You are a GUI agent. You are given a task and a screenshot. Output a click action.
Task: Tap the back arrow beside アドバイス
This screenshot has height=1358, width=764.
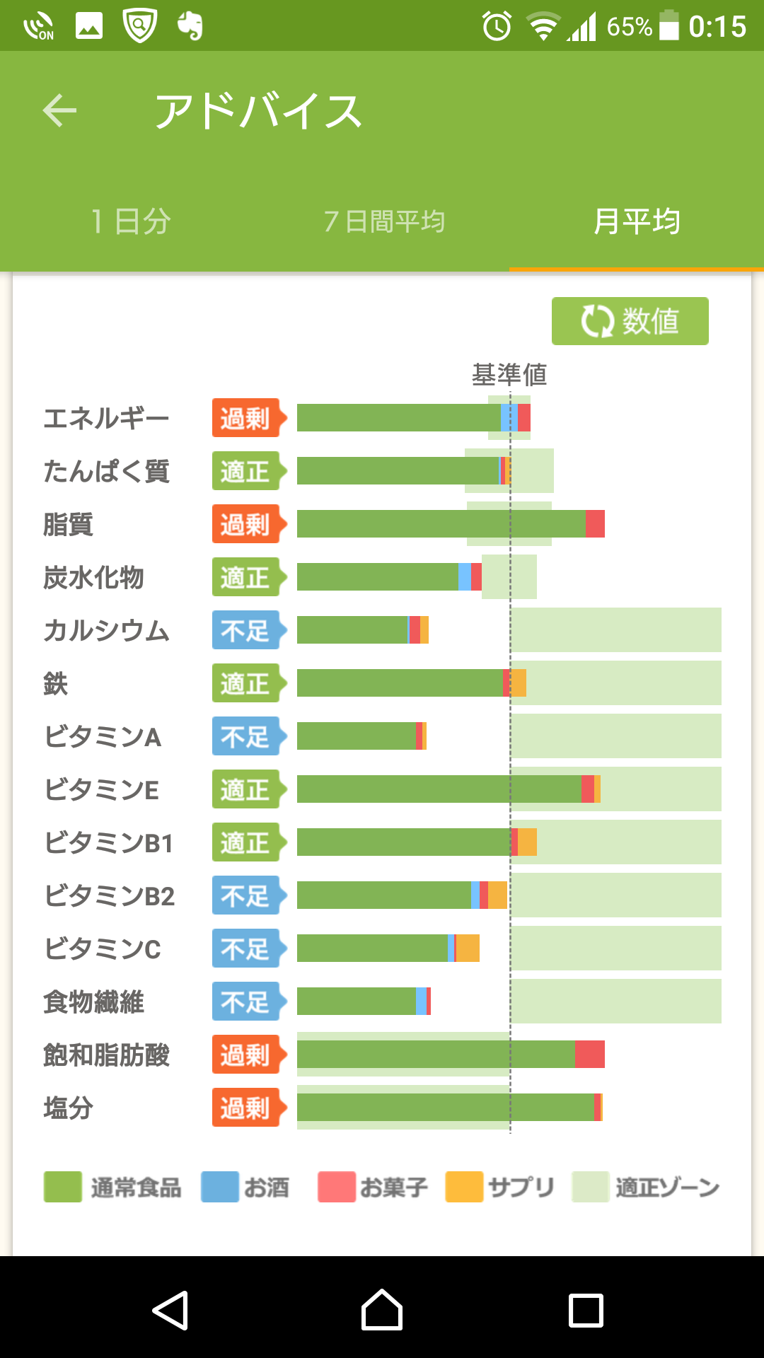pos(59,111)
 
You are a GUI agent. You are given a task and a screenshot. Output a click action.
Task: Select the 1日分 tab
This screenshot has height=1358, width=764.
pos(132,221)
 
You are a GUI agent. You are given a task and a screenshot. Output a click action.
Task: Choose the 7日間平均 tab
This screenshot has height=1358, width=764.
pos(384,221)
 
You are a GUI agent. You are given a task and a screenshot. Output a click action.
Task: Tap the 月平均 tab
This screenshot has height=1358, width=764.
pos(637,221)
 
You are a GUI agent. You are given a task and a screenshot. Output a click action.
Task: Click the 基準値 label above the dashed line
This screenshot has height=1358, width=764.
pos(509,375)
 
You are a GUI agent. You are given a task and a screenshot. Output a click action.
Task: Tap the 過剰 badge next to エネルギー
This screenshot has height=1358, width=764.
pos(246,418)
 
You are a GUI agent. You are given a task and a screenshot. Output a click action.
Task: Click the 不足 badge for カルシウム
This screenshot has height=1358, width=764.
pos(246,630)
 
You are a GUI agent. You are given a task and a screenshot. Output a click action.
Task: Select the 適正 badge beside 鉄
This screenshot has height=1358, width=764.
pos(246,683)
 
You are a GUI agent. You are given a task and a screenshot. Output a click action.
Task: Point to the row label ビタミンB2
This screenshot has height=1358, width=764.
pos(110,896)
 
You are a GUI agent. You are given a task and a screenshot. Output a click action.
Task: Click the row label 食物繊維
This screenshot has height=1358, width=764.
pos(94,1002)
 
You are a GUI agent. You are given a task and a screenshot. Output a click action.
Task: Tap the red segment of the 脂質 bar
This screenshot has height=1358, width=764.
pos(595,524)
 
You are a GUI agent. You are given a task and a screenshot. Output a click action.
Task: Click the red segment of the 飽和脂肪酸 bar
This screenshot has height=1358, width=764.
pos(590,1055)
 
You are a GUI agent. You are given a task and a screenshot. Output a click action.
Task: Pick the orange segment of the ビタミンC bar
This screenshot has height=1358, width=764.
pos(468,948)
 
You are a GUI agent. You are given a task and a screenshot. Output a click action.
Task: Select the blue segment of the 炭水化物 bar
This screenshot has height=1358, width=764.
pos(465,577)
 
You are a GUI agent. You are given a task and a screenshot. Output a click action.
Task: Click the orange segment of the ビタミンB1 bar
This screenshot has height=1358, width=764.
pos(527,842)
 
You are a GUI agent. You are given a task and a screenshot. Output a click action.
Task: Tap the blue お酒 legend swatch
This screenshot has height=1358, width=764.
pos(220,1187)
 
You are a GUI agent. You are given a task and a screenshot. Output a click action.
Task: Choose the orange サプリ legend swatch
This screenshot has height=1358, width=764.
pos(464,1187)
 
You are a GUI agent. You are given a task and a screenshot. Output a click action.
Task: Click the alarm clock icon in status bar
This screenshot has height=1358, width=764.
pos(497,27)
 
